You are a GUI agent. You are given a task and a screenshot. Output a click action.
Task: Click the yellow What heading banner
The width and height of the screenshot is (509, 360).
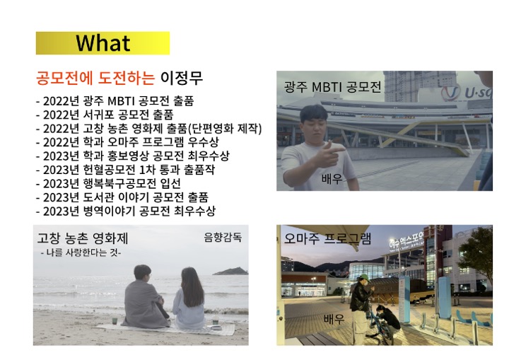103,43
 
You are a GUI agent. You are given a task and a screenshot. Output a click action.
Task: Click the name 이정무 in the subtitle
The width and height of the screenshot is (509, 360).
182,78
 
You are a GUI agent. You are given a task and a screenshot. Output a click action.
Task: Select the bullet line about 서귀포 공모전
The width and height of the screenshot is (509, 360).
105,115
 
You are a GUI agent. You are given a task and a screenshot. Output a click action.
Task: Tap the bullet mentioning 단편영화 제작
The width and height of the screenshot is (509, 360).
148,128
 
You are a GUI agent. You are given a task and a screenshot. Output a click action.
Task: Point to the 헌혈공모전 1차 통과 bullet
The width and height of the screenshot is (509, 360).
125,170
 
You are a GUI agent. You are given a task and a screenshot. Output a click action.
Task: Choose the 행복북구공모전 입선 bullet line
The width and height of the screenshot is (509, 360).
108,184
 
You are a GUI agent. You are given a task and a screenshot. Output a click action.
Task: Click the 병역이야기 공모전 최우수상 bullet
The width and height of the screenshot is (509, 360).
126,211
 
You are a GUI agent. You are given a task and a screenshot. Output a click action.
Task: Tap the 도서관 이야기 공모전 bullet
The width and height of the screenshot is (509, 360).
122,197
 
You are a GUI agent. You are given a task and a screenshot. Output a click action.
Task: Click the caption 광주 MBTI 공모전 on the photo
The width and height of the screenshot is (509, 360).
332,87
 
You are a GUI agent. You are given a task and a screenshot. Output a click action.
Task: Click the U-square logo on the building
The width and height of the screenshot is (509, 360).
467,92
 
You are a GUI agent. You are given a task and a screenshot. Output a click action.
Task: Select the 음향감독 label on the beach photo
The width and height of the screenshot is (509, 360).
223,237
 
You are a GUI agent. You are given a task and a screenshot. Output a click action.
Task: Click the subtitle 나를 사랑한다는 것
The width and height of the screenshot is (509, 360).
81,252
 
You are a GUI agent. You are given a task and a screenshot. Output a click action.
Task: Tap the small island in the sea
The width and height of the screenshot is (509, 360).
230,271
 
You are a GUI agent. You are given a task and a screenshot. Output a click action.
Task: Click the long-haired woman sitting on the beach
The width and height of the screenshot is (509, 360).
188,298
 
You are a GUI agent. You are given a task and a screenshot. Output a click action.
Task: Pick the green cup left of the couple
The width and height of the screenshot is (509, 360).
115,320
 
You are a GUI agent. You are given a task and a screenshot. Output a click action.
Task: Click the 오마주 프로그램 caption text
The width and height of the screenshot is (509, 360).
327,238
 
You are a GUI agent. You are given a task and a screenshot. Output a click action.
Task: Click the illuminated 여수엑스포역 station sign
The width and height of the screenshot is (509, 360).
406,240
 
